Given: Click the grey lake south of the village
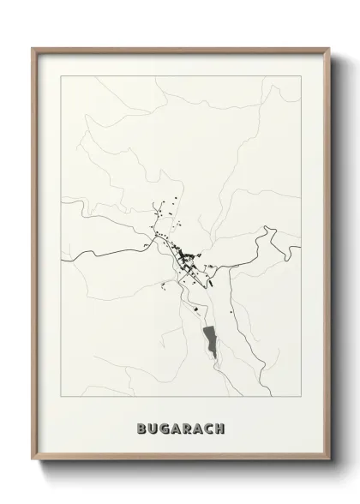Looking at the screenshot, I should pyautogui.click(x=211, y=343).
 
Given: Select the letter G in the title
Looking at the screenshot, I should pyautogui.click(x=164, y=429).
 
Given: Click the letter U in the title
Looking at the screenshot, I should pyautogui.click(x=152, y=429).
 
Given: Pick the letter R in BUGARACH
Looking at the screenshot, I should pyautogui.click(x=186, y=429).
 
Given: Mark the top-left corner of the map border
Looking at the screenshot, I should pyautogui.click(x=60, y=77).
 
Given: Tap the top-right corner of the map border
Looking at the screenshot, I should pyautogui.click(x=300, y=77).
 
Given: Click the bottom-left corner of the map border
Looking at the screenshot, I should pyautogui.click(x=60, y=405).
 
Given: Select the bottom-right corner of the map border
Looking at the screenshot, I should pyautogui.click(x=300, y=405).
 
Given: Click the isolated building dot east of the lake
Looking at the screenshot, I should pyautogui.click(x=231, y=314).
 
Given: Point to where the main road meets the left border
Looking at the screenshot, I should pyautogui.click(x=61, y=257).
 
